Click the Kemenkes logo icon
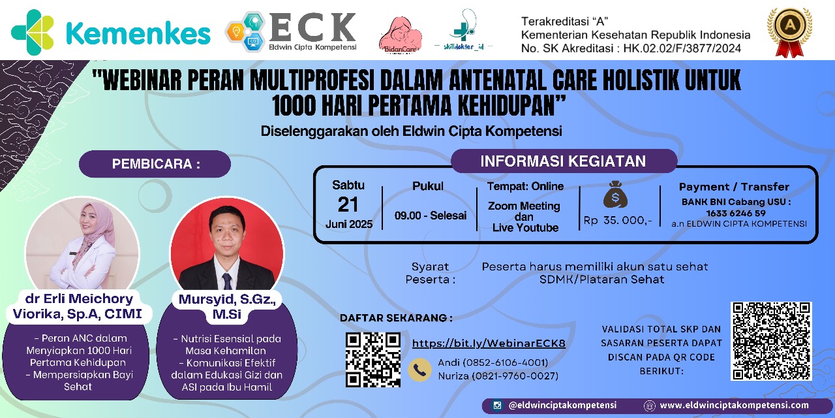[33, 32]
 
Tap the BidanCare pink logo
[400, 35]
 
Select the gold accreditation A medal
[789, 32]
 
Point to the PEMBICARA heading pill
[155, 164]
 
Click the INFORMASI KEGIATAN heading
[563, 161]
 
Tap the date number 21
[348, 204]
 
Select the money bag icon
[615, 195]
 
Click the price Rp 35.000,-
[618, 220]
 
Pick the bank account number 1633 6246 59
[736, 214]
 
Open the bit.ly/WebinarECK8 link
[489, 344]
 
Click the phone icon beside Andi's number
[419, 370]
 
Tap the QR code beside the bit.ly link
[372, 359]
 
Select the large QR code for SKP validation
[771, 341]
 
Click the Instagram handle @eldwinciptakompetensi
[562, 406]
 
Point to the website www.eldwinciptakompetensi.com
[735, 406]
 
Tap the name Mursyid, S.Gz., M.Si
[227, 306]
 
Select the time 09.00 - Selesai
[431, 216]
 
